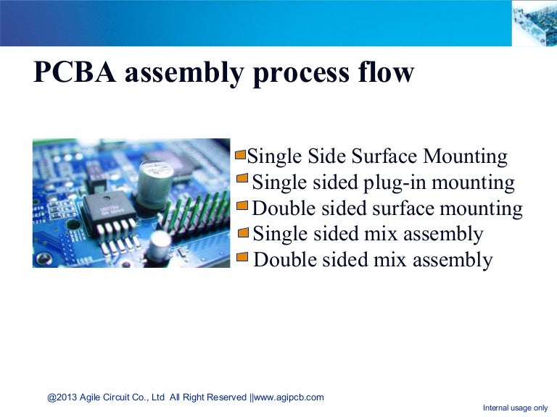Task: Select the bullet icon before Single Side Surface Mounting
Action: [241, 155]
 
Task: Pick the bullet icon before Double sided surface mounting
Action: [243, 206]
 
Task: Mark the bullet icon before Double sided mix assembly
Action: [243, 257]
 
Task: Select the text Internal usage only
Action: [515, 408]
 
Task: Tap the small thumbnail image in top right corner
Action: [534, 23]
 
